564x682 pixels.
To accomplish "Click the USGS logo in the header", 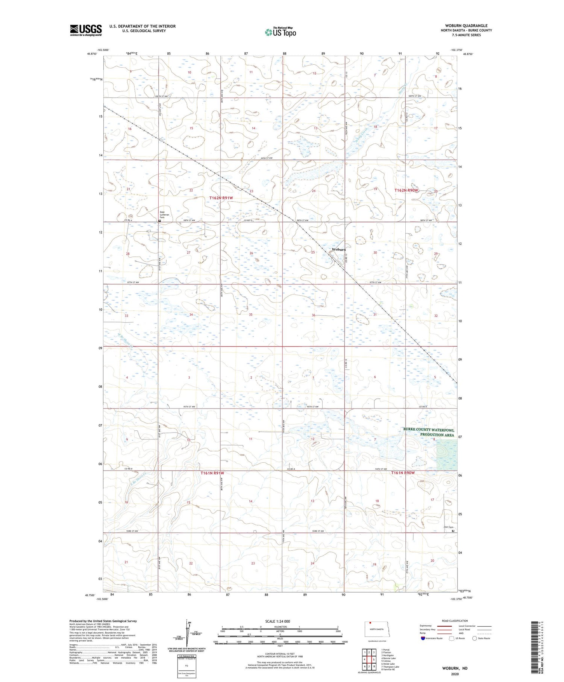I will click(x=86, y=30).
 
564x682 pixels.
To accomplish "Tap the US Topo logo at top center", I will click(x=280, y=32).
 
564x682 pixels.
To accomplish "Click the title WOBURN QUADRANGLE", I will click(x=466, y=26).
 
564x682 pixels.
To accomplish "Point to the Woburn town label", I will click(x=339, y=249).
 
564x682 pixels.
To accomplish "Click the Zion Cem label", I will click(x=449, y=527).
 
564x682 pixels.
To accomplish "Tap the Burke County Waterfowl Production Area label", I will click(x=429, y=432).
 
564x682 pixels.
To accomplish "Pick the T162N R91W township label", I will click(x=221, y=198).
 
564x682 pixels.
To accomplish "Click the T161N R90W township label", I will click(x=403, y=473).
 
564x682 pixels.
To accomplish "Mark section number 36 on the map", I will click(x=313, y=315).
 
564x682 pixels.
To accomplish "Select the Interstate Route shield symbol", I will click(x=423, y=638).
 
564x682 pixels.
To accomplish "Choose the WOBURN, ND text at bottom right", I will click(x=455, y=668).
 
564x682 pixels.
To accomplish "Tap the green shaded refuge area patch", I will click(x=447, y=455).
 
